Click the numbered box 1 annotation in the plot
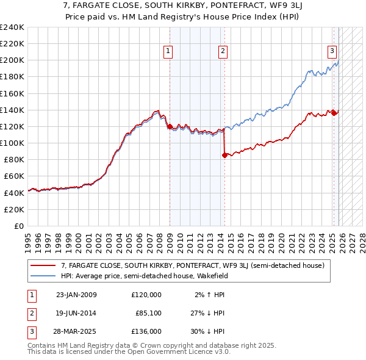coord(167,52)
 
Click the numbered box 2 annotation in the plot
coord(223,52)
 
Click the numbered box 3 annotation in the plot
coord(332,52)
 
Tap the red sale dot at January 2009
coord(170,126)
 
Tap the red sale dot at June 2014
coord(224,156)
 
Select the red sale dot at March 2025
coord(334,113)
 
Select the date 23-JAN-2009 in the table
coord(76,295)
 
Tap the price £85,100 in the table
coord(148,313)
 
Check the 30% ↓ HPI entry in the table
coord(207,331)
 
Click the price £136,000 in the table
coord(146,331)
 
